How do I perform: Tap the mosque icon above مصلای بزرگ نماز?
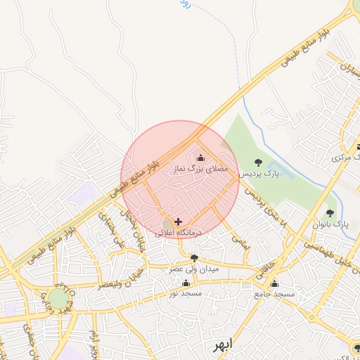click(x=202, y=157)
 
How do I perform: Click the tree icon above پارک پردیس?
click(x=257, y=162)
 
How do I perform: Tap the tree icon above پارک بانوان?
click(x=330, y=213)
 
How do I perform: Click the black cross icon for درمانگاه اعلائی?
click(x=177, y=221)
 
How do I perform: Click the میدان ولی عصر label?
click(x=193, y=269)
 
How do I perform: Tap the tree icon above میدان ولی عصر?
click(x=194, y=258)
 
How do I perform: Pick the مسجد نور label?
click(x=185, y=293)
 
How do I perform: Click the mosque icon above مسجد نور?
click(x=186, y=283)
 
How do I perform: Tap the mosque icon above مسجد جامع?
click(x=274, y=284)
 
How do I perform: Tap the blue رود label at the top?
click(x=184, y=4)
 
